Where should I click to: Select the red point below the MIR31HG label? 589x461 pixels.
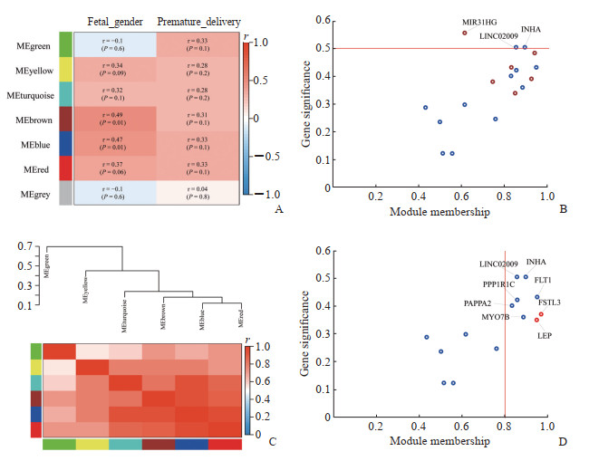click(x=464, y=33)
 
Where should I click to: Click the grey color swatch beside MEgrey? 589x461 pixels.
click(x=65, y=194)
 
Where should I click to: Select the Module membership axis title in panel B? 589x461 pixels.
click(x=439, y=212)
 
